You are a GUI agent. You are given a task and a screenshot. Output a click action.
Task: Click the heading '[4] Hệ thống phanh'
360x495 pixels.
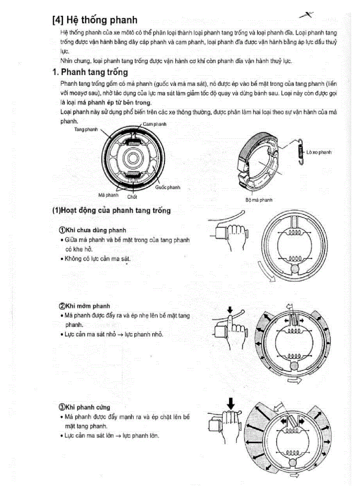point(94,20)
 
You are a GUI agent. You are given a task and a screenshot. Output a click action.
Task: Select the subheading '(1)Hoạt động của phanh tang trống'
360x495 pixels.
point(111,211)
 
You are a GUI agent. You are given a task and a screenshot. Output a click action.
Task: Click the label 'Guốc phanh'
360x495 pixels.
point(168,187)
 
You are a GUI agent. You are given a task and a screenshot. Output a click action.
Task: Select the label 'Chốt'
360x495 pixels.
point(132,197)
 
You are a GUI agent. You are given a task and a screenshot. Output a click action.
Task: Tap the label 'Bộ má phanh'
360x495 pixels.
point(259,200)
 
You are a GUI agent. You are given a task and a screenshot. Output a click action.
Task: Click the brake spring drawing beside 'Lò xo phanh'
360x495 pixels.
point(300,152)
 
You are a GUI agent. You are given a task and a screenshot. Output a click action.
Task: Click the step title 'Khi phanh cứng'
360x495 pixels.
point(87,407)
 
